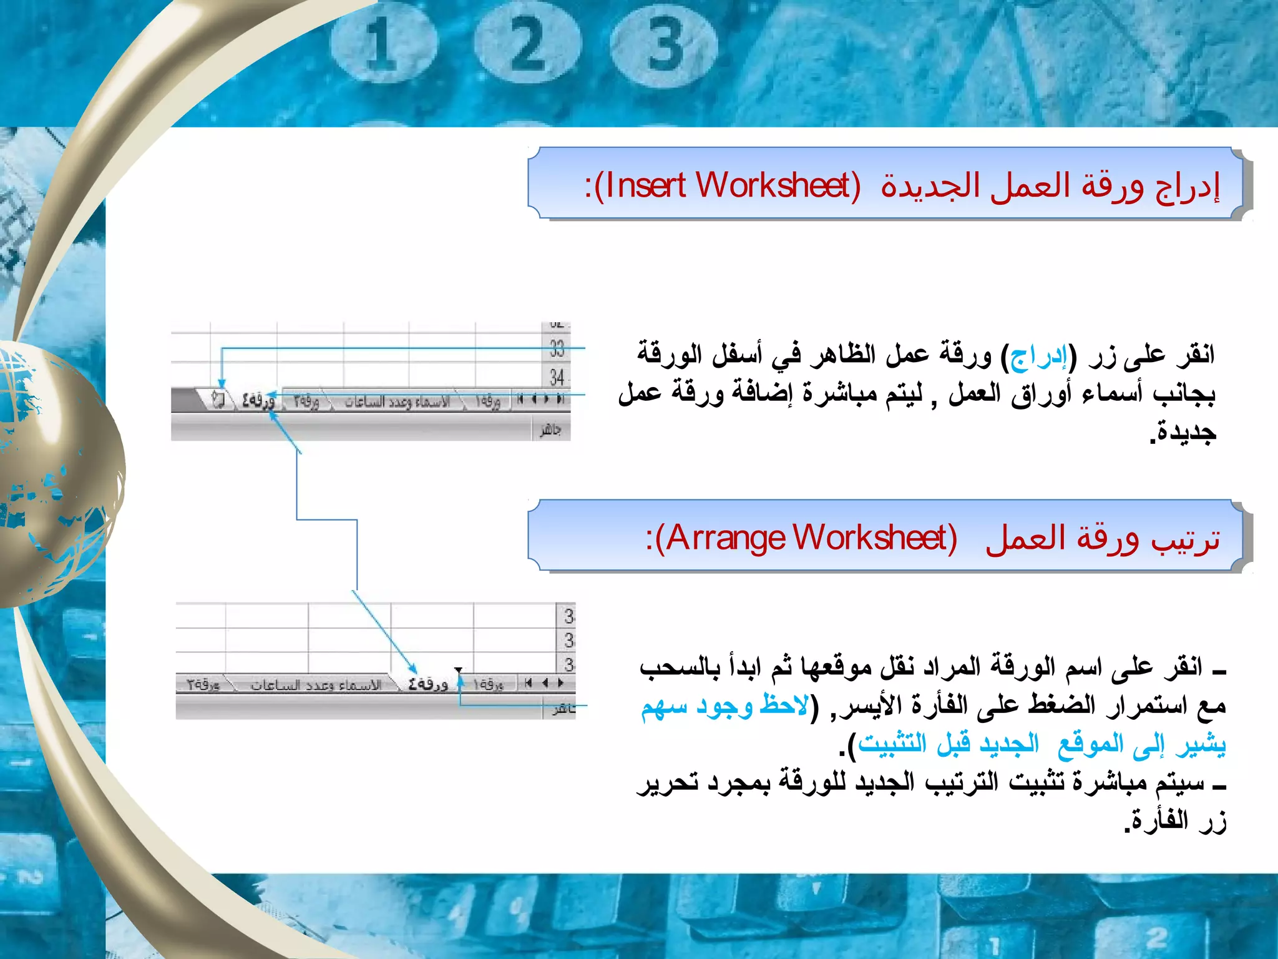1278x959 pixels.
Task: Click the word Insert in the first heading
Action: [x=645, y=185]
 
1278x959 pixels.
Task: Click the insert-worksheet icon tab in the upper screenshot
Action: [x=218, y=400]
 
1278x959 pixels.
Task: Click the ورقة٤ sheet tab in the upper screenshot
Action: [x=258, y=400]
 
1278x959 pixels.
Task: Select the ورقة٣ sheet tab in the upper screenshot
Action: [x=306, y=401]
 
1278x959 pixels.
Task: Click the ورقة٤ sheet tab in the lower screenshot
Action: [x=427, y=684]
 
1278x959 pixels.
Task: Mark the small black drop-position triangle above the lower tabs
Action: [x=459, y=671]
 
